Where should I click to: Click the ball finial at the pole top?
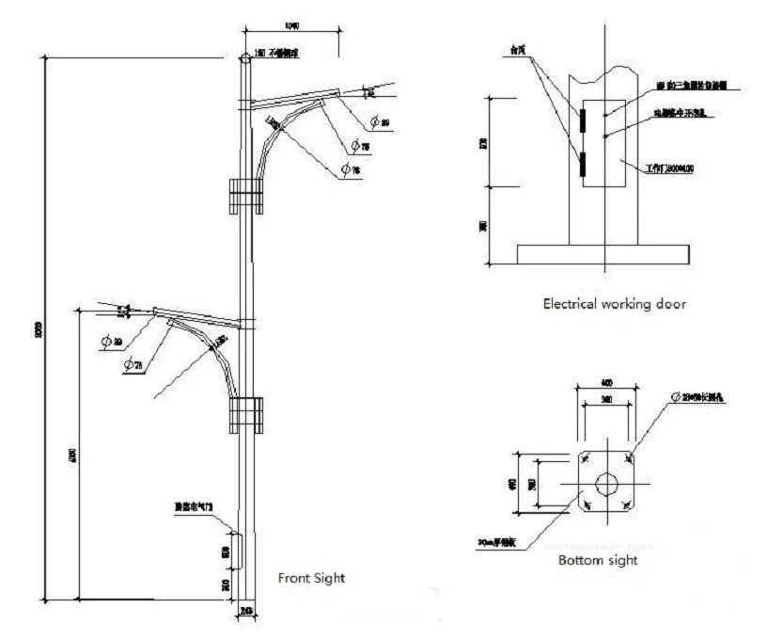(244, 58)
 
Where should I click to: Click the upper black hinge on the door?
(582, 120)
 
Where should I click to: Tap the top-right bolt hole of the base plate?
(629, 459)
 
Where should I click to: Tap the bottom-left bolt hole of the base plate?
(586, 506)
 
